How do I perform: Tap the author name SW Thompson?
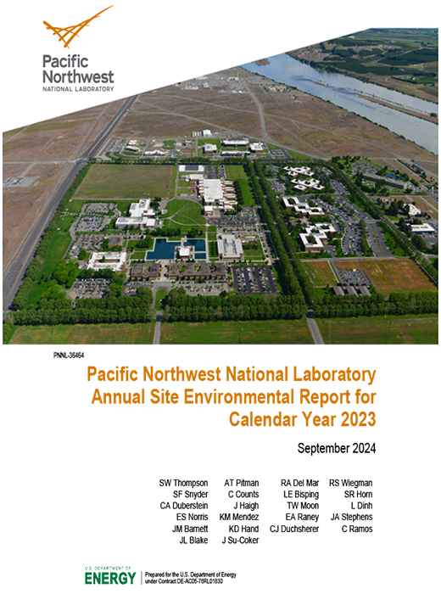pyautogui.click(x=183, y=483)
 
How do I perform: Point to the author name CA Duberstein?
pyautogui.click(x=177, y=506)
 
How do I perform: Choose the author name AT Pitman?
pyautogui.click(x=241, y=483)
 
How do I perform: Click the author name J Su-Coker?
pyautogui.click(x=240, y=540)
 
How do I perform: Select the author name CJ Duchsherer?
pyautogui.click(x=294, y=529)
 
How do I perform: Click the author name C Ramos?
pyautogui.click(x=357, y=529)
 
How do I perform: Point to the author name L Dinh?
pyautogui.click(x=360, y=506)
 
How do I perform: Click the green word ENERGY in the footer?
pyautogui.click(x=109, y=579)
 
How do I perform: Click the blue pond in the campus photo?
pyautogui.click(x=176, y=248)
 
